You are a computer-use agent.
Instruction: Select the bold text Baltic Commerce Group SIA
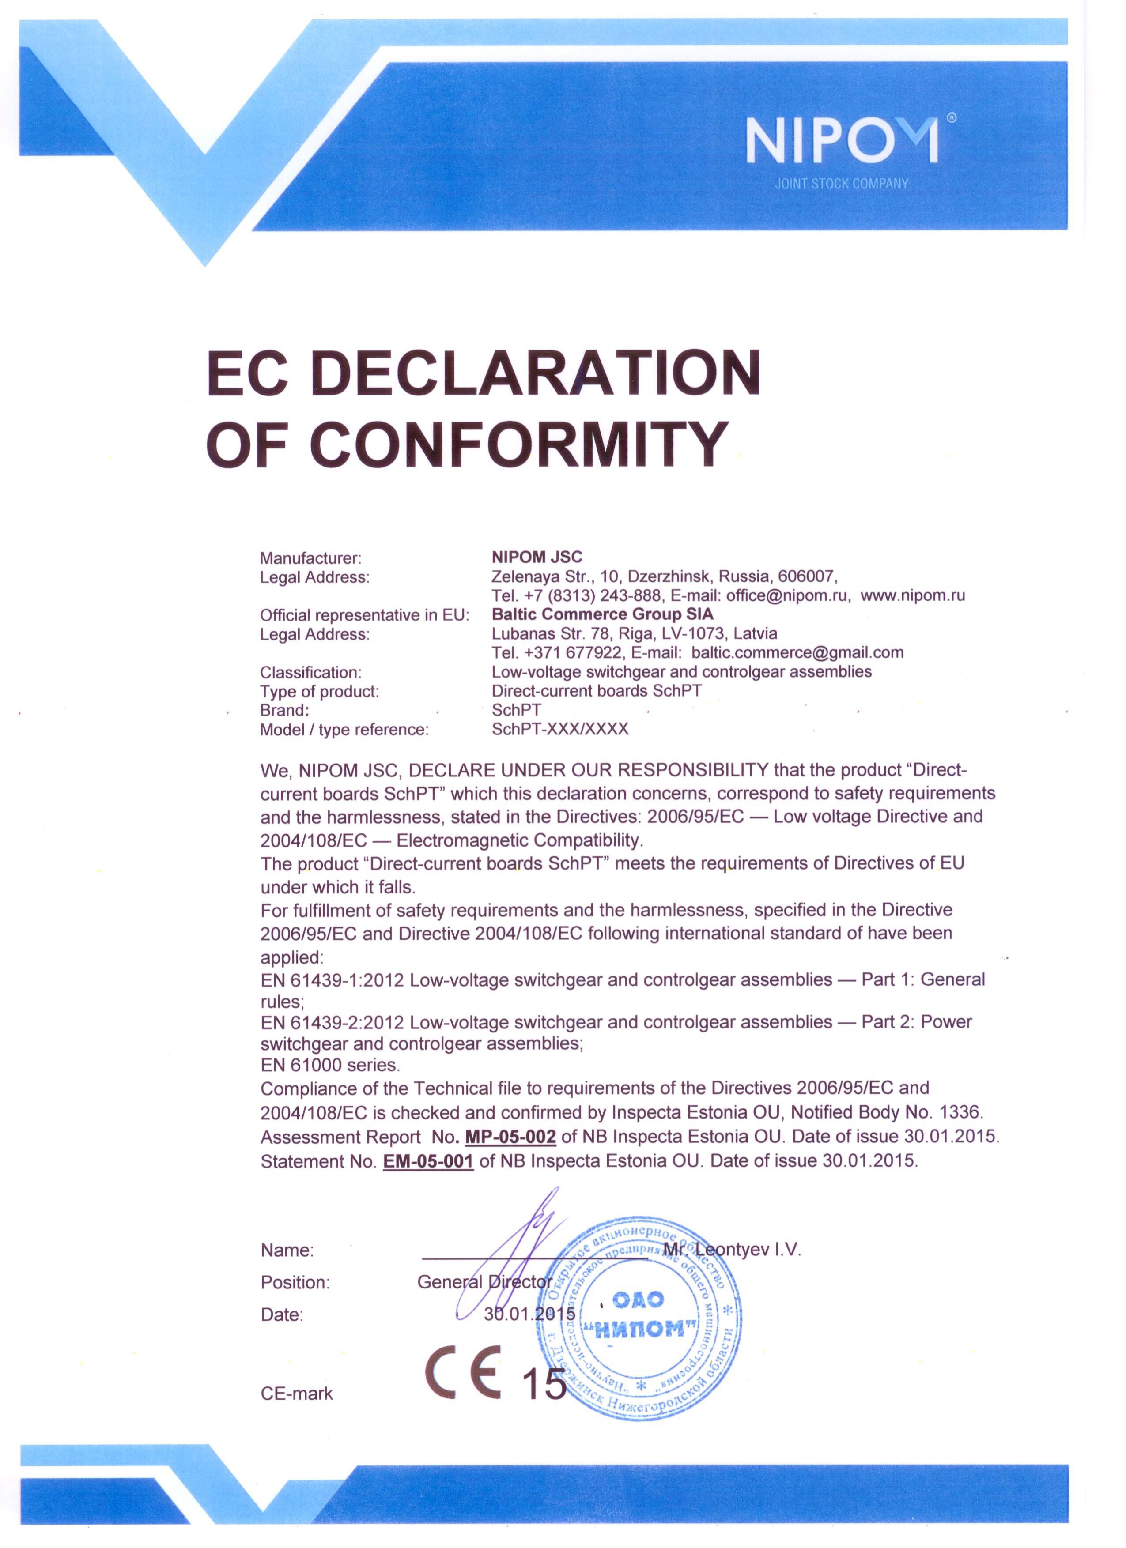point(602,614)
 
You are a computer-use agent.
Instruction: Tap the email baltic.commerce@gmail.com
point(797,652)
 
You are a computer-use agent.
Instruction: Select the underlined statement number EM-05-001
point(428,1161)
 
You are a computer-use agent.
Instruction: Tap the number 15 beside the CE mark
point(544,1383)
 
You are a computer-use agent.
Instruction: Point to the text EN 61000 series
point(330,1065)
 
